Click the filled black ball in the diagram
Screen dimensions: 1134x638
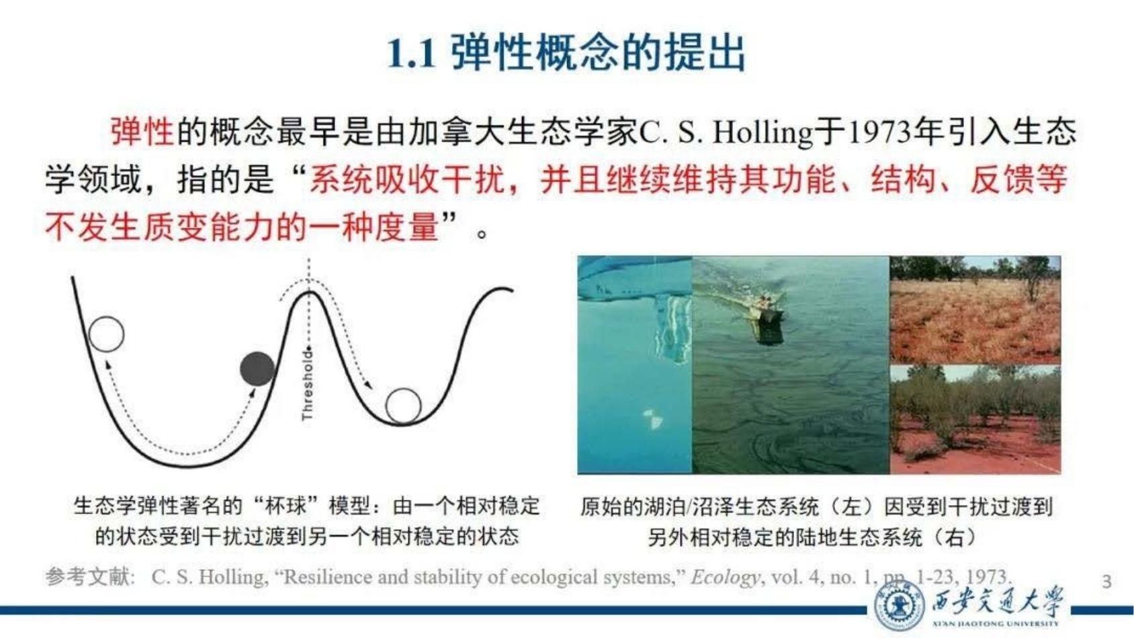point(257,369)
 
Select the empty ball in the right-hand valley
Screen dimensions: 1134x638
point(404,406)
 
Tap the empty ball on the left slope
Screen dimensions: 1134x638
point(106,334)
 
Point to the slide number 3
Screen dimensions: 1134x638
point(1106,582)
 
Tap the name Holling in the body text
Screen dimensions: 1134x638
point(762,132)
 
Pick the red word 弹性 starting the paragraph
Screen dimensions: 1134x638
point(142,132)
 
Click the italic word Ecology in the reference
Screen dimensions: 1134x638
point(726,578)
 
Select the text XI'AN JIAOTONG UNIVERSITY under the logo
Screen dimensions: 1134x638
point(996,623)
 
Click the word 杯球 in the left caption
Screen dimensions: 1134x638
point(286,506)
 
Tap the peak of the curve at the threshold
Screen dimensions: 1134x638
point(309,291)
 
